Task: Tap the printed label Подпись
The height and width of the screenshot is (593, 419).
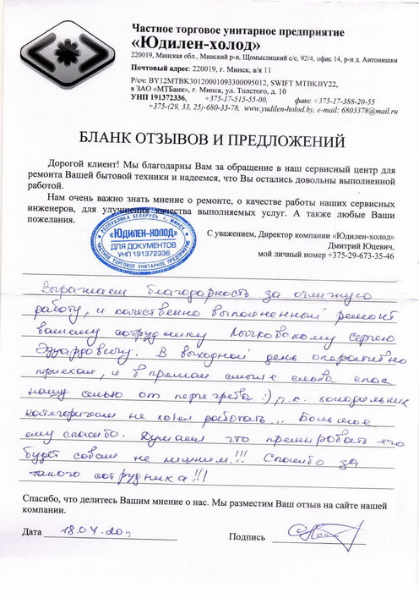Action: tap(246, 536)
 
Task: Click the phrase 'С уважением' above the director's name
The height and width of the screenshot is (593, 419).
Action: tap(228, 233)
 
